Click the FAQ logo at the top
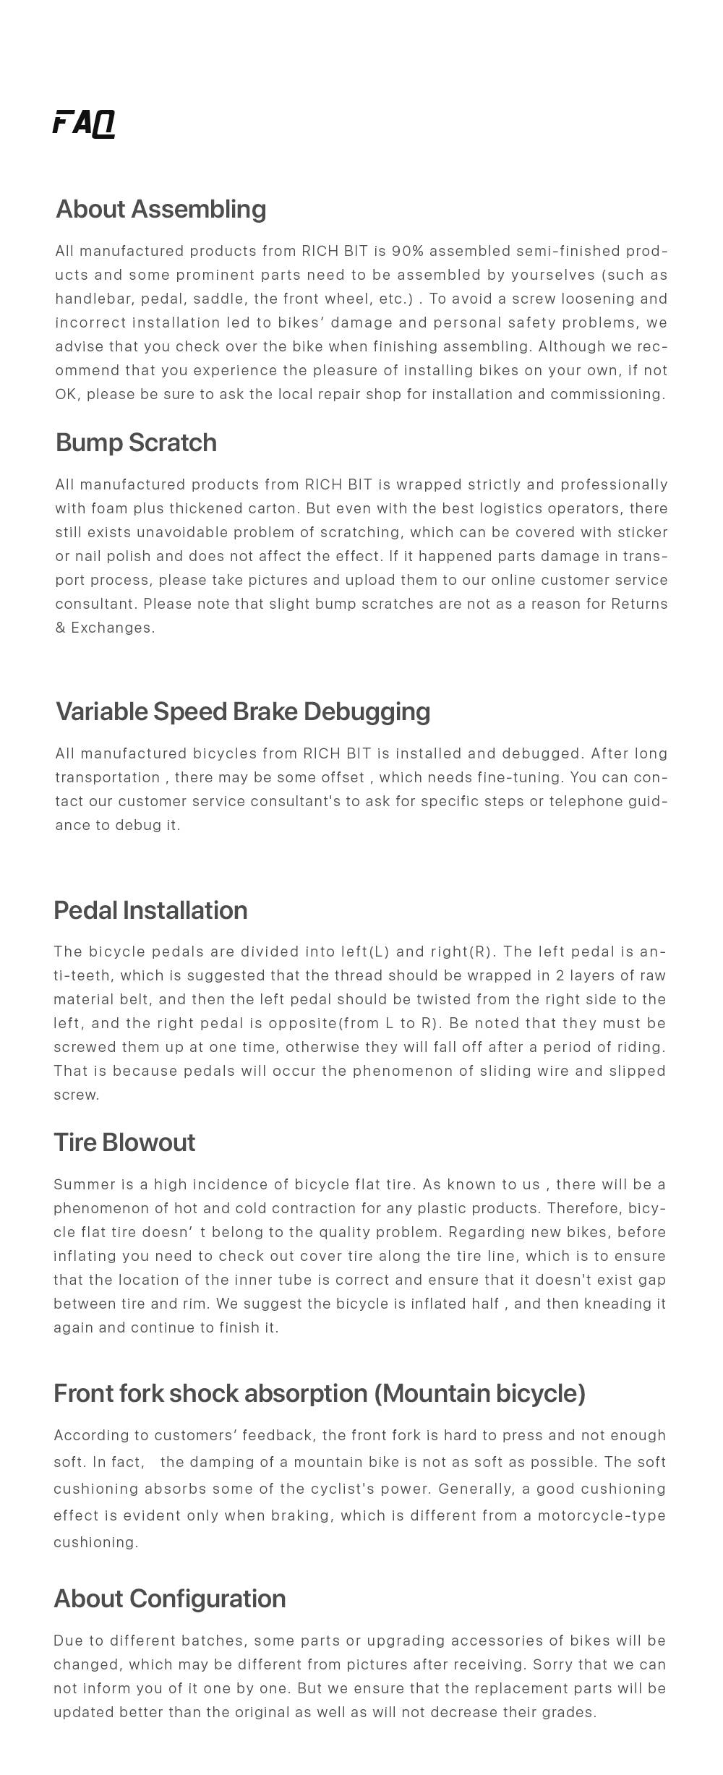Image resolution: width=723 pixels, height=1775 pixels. coord(84,123)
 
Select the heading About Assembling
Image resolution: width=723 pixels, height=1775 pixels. coord(161,209)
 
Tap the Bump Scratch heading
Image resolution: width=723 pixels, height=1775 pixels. coord(136,442)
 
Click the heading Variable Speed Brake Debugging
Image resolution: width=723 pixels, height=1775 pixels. coord(243,711)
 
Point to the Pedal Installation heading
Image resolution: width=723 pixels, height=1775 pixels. coord(150,910)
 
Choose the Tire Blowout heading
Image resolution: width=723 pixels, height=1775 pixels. coord(124,1142)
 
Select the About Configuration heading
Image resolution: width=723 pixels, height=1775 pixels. coord(170,1599)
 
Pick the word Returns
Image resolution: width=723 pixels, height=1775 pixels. coord(639,604)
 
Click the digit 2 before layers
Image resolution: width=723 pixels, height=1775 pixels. coord(560,975)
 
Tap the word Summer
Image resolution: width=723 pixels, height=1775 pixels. coord(85,1184)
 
